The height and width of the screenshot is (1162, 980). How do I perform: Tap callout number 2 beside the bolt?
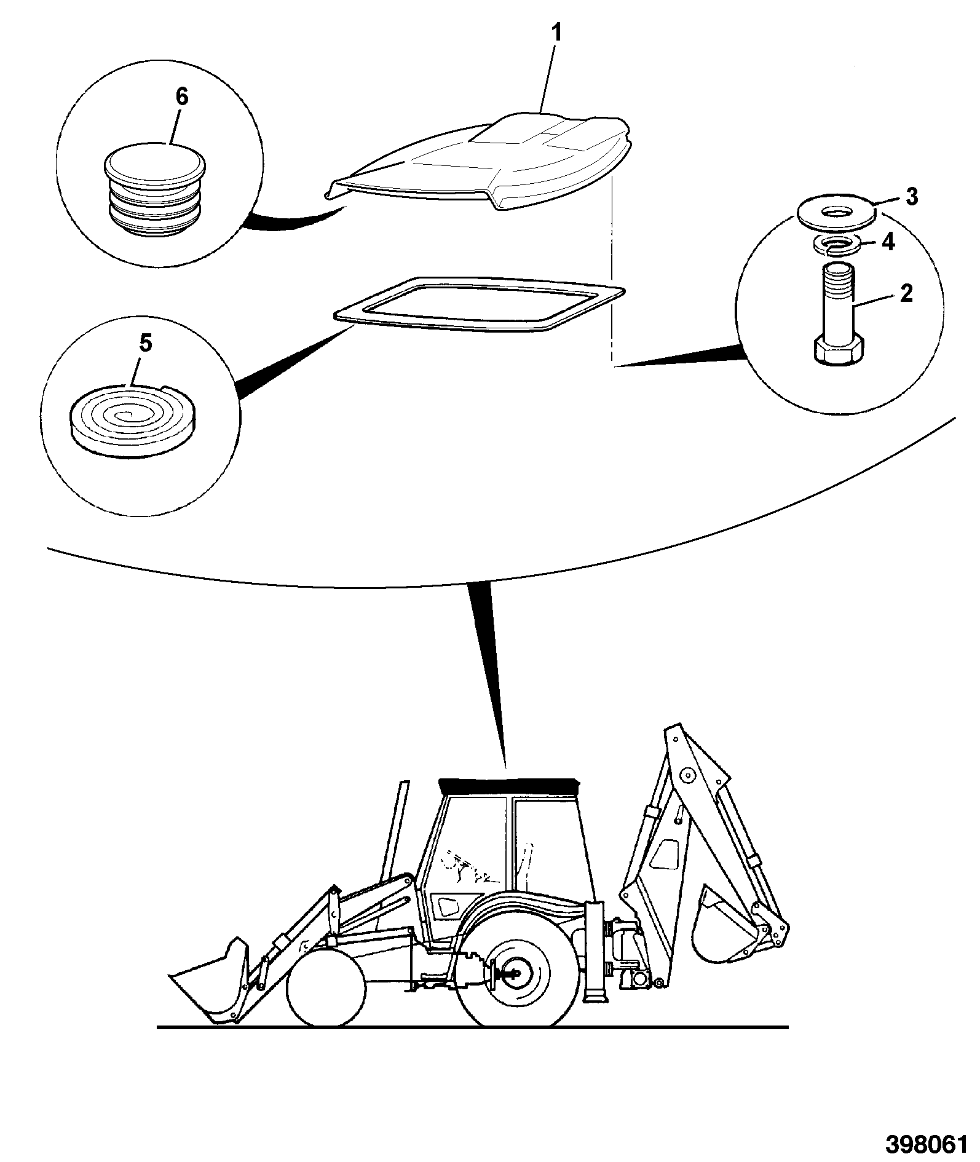[906, 294]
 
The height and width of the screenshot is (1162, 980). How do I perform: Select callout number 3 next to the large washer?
[911, 197]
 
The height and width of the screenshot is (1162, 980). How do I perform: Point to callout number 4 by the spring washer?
[888, 242]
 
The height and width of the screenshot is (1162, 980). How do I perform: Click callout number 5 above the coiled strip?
[144, 344]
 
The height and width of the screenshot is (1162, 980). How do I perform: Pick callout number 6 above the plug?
[182, 97]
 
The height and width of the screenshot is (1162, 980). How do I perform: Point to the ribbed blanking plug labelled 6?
[155, 189]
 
